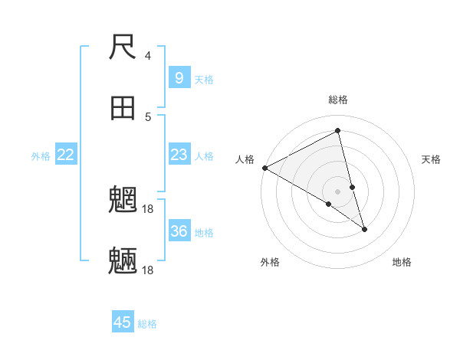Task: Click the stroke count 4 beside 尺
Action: (x=148, y=55)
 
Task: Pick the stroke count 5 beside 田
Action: (x=148, y=116)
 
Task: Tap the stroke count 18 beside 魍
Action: (x=148, y=208)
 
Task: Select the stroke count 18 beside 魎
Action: (x=148, y=270)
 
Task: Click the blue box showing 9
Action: (x=179, y=77)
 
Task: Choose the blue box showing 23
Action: (x=179, y=155)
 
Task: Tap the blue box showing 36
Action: (x=179, y=231)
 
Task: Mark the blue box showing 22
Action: (x=66, y=155)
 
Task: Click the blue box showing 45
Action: (x=123, y=322)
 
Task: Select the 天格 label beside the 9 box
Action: (x=204, y=79)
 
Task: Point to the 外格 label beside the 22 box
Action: (x=41, y=156)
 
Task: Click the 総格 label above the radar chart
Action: (x=338, y=100)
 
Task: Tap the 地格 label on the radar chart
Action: (x=402, y=262)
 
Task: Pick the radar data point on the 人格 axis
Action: (x=264, y=168)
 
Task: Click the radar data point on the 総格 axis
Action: (x=338, y=132)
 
